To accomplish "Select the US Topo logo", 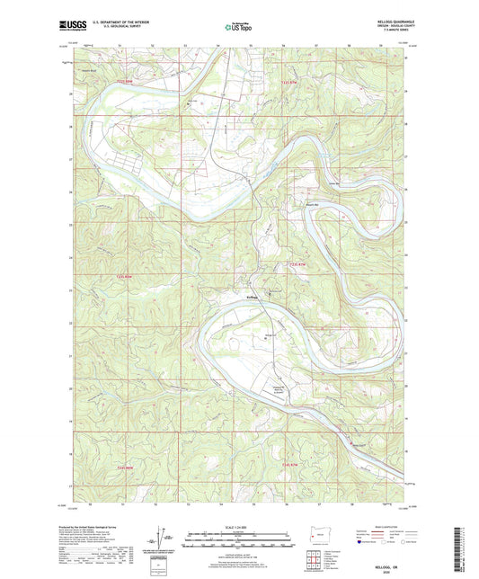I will pyautogui.click(x=237, y=28).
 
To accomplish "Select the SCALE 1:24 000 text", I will pyautogui.click(x=238, y=527).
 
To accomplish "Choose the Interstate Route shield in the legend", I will pyautogui.click(x=362, y=555).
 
